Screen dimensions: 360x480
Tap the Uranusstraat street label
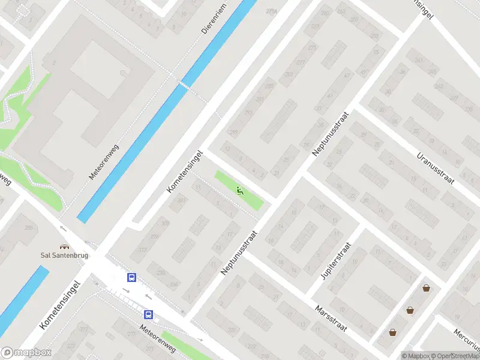pyautogui.click(x=436, y=167)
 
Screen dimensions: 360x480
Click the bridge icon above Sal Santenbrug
pyautogui.click(x=63, y=246)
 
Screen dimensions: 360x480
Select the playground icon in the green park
pyautogui.click(x=240, y=191)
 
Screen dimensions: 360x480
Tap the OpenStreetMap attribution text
pyautogui.click(x=454, y=356)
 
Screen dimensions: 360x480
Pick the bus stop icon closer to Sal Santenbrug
pyautogui.click(x=131, y=277)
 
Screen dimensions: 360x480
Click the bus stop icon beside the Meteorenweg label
pyautogui.click(x=148, y=314)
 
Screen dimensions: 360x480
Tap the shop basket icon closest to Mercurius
pyautogui.click(x=426, y=288)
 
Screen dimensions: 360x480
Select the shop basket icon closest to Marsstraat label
pyautogui.click(x=392, y=332)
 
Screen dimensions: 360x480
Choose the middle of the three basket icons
pyautogui.click(x=409, y=310)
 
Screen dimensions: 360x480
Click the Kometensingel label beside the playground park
pyautogui.click(x=185, y=172)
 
